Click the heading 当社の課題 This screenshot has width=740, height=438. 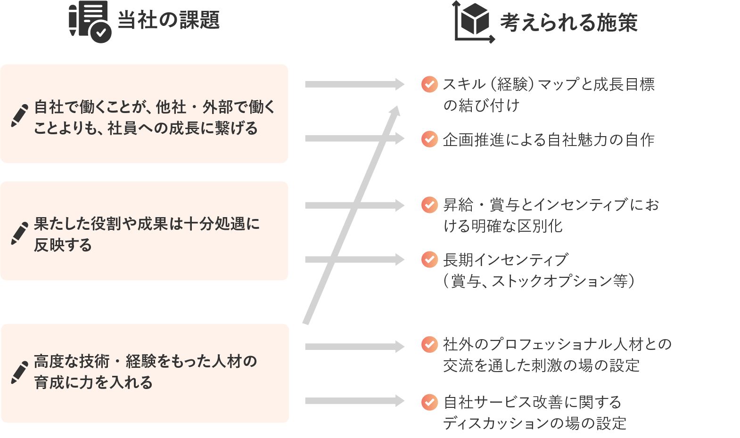pos(168,20)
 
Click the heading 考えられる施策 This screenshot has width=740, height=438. pos(568,22)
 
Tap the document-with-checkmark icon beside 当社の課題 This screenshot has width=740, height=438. pos(90,22)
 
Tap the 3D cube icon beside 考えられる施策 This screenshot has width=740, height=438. pos(474,21)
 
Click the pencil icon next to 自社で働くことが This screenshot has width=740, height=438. pos(19,115)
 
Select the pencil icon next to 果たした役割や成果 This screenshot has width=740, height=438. pos(19,233)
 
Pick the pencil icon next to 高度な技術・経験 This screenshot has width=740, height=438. pos(19,372)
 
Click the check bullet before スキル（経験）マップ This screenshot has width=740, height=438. pos(429,84)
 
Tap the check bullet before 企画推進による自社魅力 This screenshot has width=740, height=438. pos(429,139)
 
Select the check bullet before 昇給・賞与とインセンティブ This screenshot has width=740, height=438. pos(429,205)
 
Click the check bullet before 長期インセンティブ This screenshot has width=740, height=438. pos(429,260)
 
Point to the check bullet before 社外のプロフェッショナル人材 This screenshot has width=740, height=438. pos(429,344)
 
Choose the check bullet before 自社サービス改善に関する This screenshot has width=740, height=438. pos(429,402)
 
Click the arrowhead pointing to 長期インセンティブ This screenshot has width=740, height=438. pos(400,260)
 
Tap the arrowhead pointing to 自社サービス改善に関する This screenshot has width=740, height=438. pos(400,401)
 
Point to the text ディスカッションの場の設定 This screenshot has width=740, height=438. pos(534,423)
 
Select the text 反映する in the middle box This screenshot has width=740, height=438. pos(63,245)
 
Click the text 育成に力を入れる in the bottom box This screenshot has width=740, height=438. pos(93,382)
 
